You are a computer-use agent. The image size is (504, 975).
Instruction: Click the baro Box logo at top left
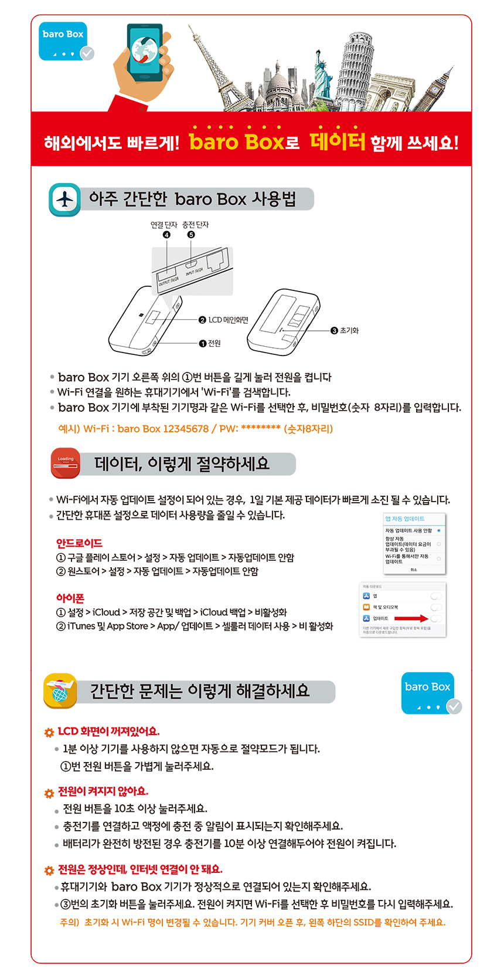63,41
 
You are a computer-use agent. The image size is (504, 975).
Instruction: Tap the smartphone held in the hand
145,53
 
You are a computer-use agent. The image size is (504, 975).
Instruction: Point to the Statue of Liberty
322,76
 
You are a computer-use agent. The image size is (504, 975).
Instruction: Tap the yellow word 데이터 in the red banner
337,141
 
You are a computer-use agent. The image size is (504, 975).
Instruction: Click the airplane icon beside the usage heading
64,199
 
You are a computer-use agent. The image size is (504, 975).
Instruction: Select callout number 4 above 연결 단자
166,235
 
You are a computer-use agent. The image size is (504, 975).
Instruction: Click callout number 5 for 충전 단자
191,235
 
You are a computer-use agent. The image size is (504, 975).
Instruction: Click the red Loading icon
66,463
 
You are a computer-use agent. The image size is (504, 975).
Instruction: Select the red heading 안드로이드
79,543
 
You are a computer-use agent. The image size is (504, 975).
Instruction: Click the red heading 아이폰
70,598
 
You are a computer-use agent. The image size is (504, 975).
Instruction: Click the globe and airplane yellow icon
60,690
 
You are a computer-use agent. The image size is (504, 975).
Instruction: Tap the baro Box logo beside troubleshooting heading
428,692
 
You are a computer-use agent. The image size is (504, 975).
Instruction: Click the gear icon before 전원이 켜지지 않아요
49,793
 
